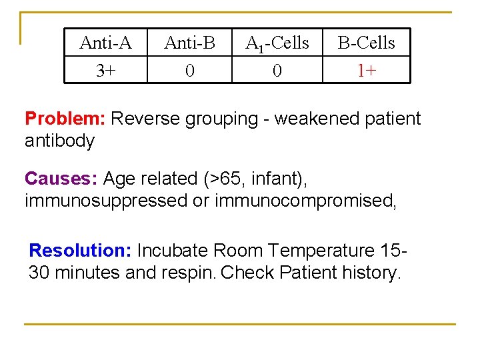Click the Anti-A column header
point(105,43)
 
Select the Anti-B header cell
point(190,43)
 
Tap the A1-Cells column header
point(277,44)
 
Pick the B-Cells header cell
point(366,43)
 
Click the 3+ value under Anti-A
point(105,70)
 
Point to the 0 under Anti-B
point(190,70)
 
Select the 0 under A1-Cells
point(277,70)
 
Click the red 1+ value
point(366,70)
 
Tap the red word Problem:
point(65,119)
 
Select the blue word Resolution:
point(81,251)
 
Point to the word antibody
point(59,141)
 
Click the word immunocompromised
point(306,201)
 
